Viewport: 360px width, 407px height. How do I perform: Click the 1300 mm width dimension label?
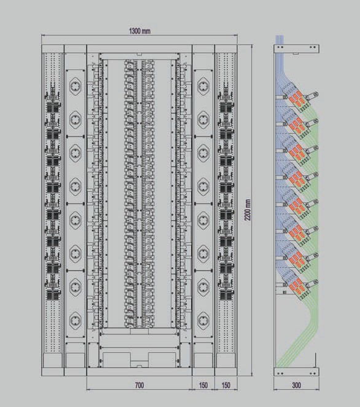tap(139, 31)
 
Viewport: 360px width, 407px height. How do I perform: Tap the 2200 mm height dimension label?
tap(248, 210)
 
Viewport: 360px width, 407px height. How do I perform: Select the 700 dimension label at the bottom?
tap(139, 385)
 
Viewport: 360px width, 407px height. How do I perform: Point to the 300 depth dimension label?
tap(296, 385)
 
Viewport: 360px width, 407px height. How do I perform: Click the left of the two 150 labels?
tap(203, 385)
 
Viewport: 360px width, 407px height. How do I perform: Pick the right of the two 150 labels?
tap(226, 385)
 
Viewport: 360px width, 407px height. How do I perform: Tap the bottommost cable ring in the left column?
tap(75, 321)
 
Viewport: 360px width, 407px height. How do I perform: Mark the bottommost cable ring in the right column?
tap(203, 321)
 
